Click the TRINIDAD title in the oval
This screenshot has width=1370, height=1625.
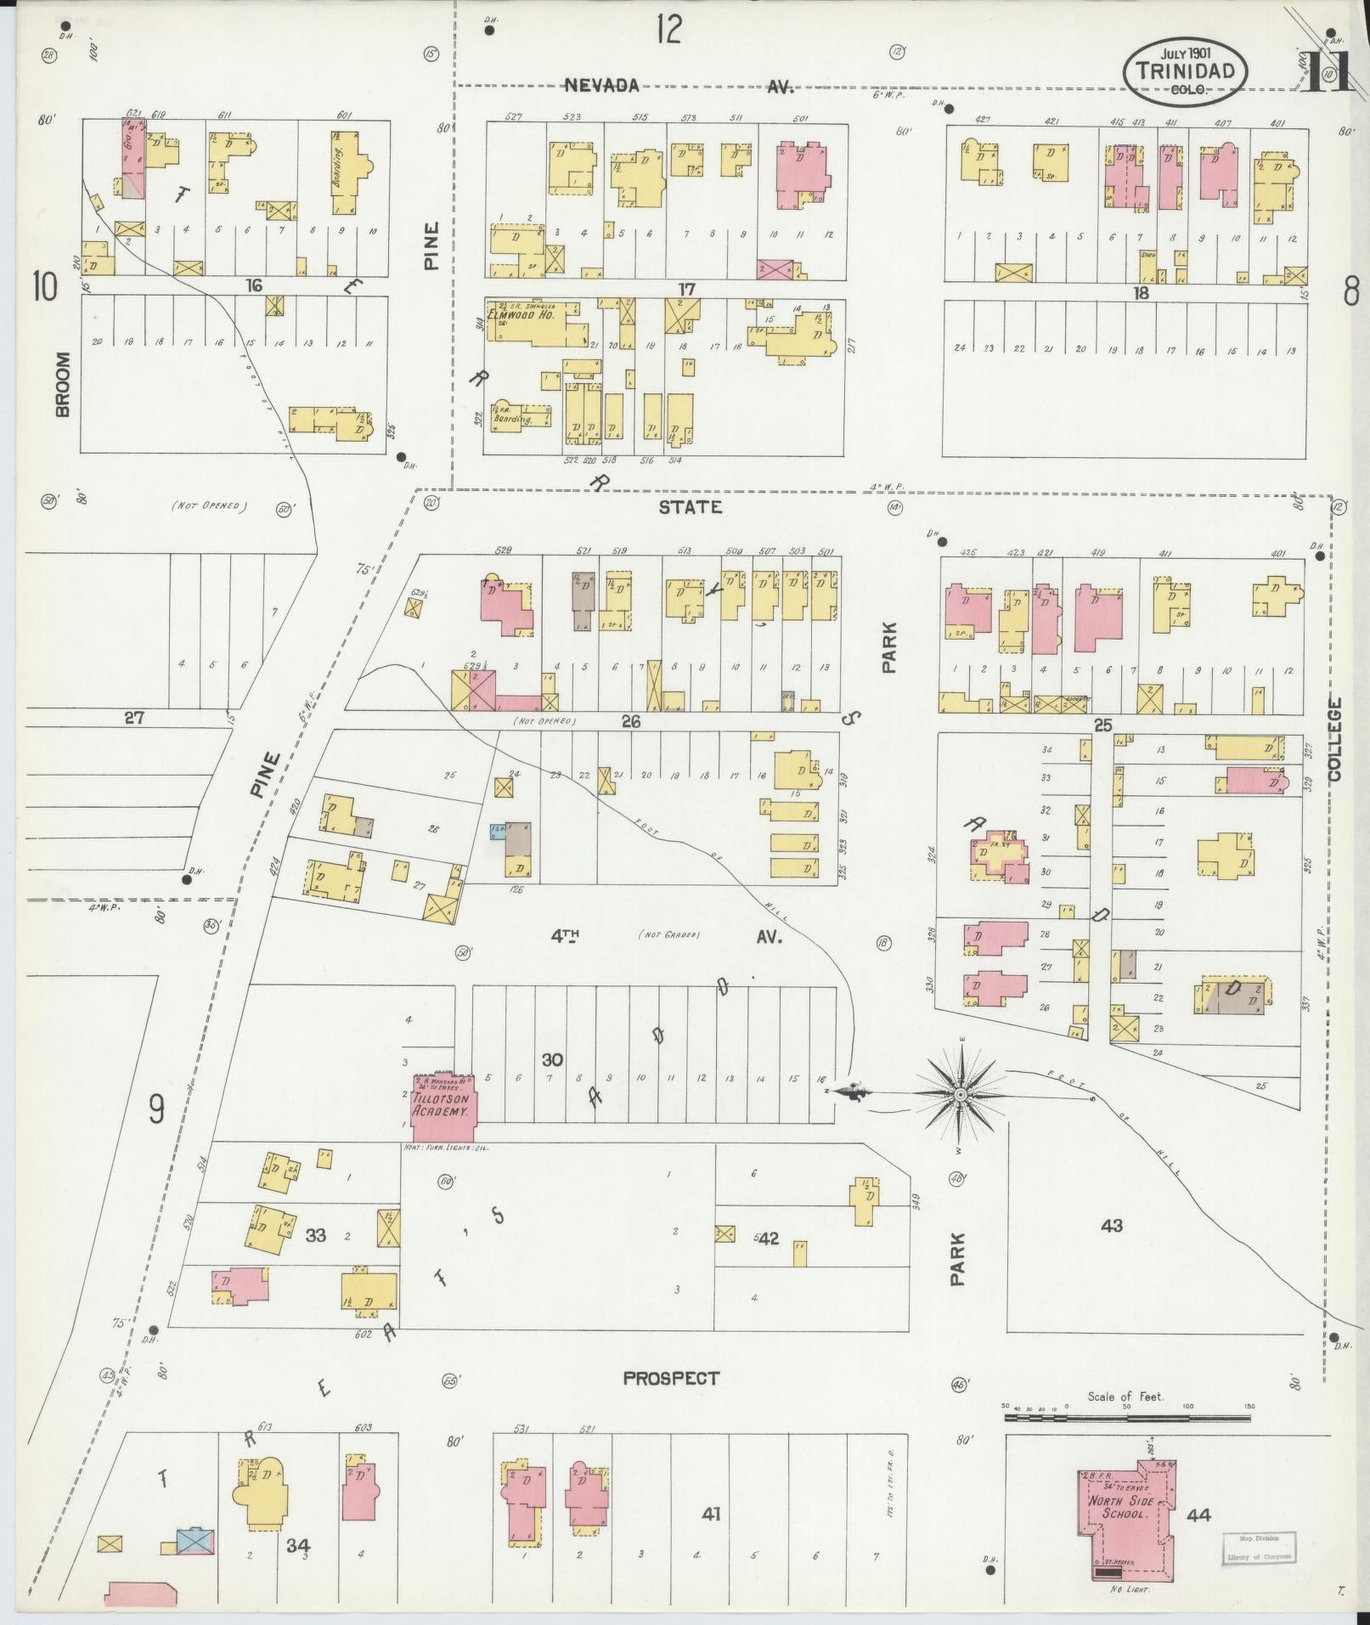1186,71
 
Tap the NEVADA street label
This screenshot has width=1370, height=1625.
601,85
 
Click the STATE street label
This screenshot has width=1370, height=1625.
691,507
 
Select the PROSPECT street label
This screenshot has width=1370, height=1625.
671,1379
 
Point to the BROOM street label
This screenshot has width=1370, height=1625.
63,384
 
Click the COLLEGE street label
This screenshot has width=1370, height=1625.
1333,739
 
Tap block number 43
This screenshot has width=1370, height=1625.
1111,1225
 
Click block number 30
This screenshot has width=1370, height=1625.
552,1059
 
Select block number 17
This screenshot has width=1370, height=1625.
686,290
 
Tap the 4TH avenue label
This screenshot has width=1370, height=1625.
565,935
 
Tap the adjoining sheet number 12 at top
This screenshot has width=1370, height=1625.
668,31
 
